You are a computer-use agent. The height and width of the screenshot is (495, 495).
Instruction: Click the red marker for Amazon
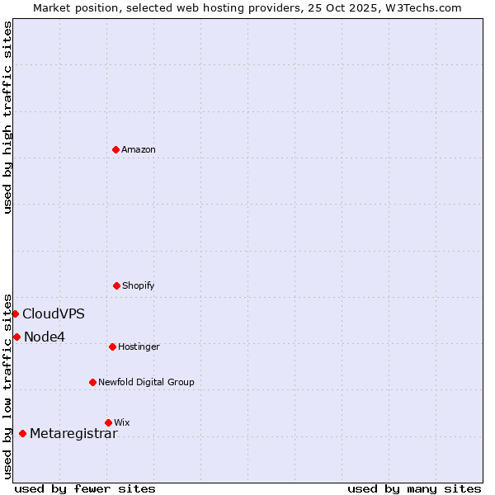tap(116, 149)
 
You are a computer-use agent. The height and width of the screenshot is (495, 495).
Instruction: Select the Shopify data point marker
tap(116, 285)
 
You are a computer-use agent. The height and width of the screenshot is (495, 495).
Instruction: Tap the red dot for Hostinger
tap(112, 346)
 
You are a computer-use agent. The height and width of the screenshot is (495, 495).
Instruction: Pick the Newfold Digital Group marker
tap(92, 382)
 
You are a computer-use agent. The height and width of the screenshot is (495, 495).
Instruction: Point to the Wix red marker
tap(108, 422)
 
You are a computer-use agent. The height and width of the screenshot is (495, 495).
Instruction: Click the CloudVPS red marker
tap(15, 313)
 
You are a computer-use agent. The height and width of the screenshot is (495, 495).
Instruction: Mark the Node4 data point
tap(16, 337)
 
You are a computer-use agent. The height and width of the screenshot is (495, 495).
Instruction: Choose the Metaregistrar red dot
tap(22, 434)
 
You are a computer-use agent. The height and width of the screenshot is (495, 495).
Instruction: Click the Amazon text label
tap(139, 149)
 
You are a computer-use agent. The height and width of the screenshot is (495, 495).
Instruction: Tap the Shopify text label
tap(139, 285)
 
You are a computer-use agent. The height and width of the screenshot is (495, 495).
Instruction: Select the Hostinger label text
tap(139, 346)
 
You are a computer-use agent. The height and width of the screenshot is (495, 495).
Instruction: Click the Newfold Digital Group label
tap(146, 382)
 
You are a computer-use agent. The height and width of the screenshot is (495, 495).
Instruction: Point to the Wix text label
tap(122, 422)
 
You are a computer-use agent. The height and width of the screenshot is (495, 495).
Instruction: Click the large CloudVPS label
tap(54, 313)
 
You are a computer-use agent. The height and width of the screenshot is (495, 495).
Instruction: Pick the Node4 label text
tap(45, 337)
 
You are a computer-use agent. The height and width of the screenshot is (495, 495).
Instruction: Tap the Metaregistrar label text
tap(73, 434)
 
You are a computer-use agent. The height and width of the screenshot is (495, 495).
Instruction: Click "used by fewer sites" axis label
tap(85, 488)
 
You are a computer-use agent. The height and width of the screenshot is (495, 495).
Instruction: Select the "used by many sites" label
tap(414, 488)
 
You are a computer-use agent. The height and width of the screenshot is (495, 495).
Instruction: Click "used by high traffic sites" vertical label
tap(7, 117)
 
